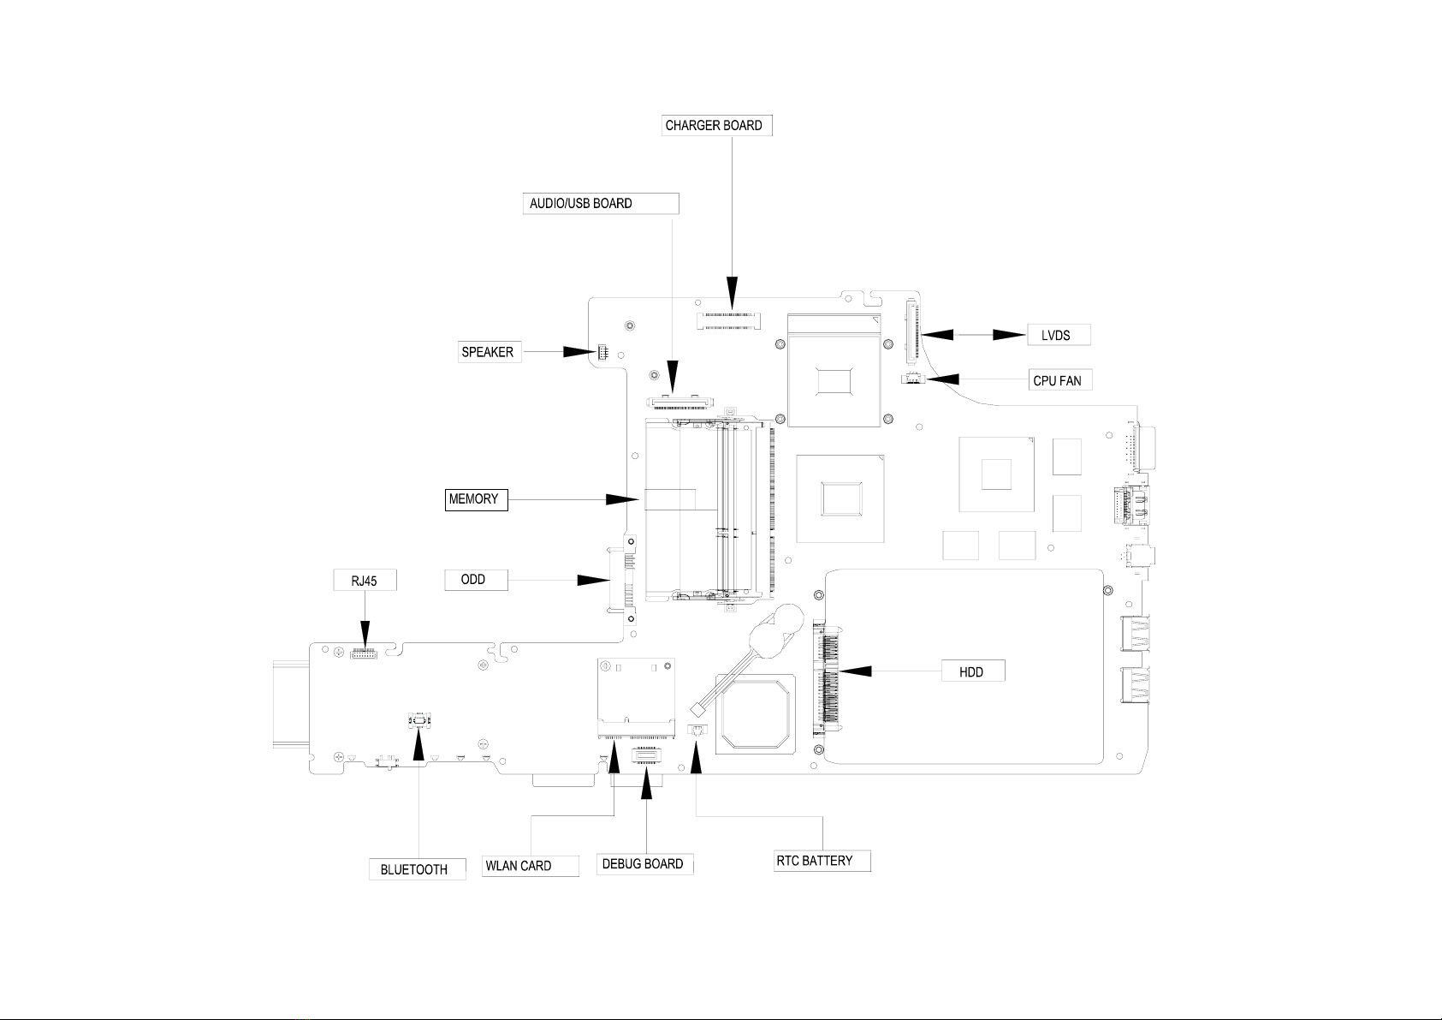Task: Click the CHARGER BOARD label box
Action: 716,126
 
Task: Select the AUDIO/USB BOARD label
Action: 601,204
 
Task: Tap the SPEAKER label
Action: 490,352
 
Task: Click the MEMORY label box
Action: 477,499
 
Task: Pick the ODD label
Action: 476,579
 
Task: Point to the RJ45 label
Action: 365,580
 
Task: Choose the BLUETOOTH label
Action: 417,869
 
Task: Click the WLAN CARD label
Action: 531,866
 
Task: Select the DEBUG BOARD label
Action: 645,864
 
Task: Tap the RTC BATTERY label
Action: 822,861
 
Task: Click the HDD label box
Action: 973,671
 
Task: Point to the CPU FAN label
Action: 1060,380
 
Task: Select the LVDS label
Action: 1059,335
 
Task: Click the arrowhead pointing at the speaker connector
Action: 579,352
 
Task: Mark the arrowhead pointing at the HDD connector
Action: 856,671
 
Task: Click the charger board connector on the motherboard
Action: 728,321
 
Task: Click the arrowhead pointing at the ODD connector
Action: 593,580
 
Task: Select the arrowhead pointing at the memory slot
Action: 622,499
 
